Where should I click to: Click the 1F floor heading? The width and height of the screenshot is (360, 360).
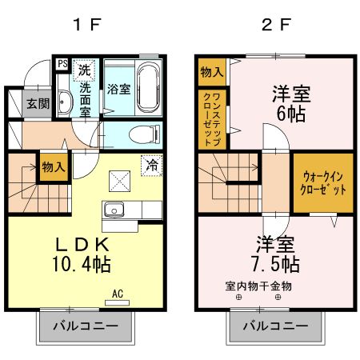point(87,24)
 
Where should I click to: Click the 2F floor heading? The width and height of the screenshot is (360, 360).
point(274,24)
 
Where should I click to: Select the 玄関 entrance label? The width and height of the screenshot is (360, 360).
point(37,103)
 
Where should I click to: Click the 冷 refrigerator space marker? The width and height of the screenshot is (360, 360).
point(150,165)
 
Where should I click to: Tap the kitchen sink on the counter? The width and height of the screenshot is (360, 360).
point(113,211)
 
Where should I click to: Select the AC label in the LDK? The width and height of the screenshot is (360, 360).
point(118,294)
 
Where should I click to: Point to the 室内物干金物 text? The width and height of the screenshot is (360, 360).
point(258,286)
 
